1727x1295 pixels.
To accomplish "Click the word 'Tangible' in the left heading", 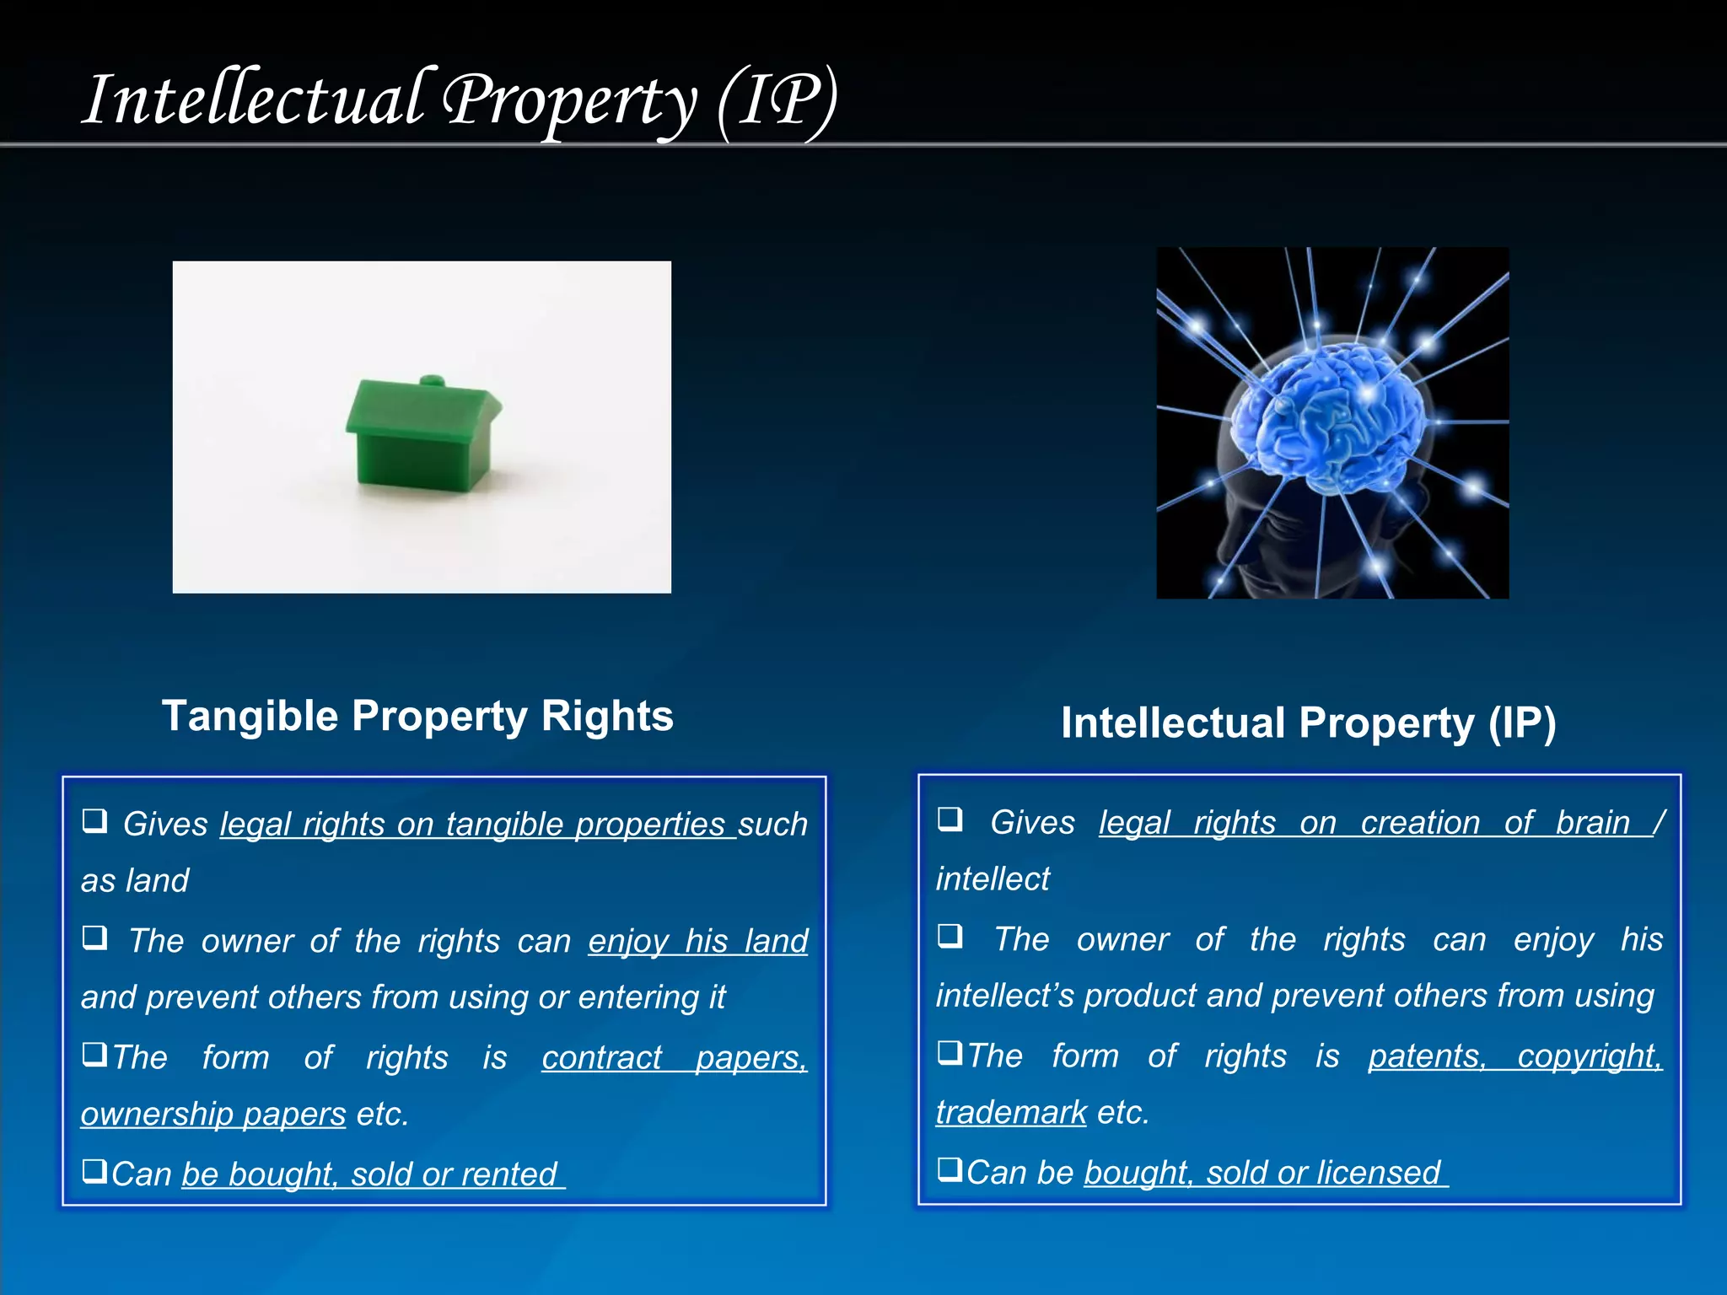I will pyautogui.click(x=250, y=717).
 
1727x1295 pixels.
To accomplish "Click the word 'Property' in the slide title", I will pyautogui.click(x=570, y=101).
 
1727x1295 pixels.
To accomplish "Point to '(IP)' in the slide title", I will pyautogui.click(x=777, y=101).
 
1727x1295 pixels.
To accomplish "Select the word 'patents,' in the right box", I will pyautogui.click(x=1427, y=1056).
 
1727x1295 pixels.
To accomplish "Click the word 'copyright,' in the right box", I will pyautogui.click(x=1590, y=1056).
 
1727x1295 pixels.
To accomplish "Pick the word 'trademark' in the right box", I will pyautogui.click(x=1011, y=1113).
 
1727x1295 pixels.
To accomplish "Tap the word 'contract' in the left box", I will pyautogui.click(x=602, y=1058).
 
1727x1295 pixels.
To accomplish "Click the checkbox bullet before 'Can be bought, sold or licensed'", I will pyautogui.click(x=950, y=1169).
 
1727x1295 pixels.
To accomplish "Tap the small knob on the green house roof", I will pyautogui.click(x=432, y=380).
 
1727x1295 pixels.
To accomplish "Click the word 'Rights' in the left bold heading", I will pyautogui.click(x=607, y=717).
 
